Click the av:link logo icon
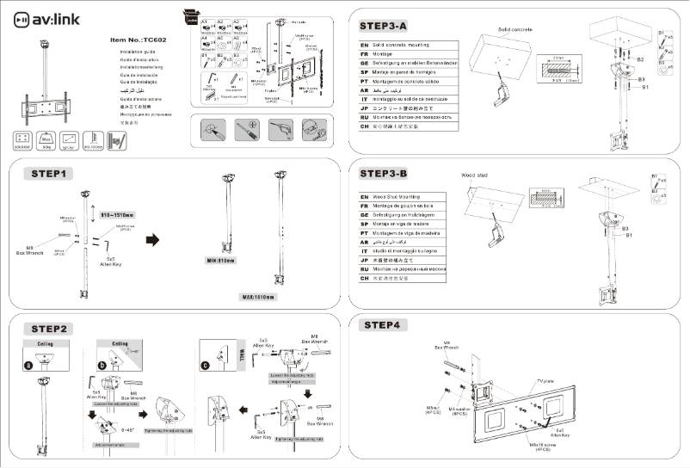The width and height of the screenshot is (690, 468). coord(24,17)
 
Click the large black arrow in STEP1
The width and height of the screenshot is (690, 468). coord(153,239)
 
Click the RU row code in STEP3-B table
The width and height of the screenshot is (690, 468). coord(365,269)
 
